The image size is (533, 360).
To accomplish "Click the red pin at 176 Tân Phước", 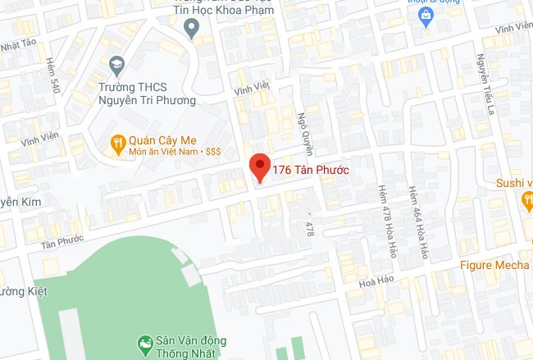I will [x=260, y=166].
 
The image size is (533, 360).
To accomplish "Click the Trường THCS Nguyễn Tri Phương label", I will [x=147, y=93].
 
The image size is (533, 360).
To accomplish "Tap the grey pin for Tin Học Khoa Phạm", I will [x=191, y=29].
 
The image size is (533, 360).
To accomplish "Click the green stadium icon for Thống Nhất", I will [x=144, y=342].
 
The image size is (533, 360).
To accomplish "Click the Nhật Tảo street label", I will [x=21, y=45].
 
